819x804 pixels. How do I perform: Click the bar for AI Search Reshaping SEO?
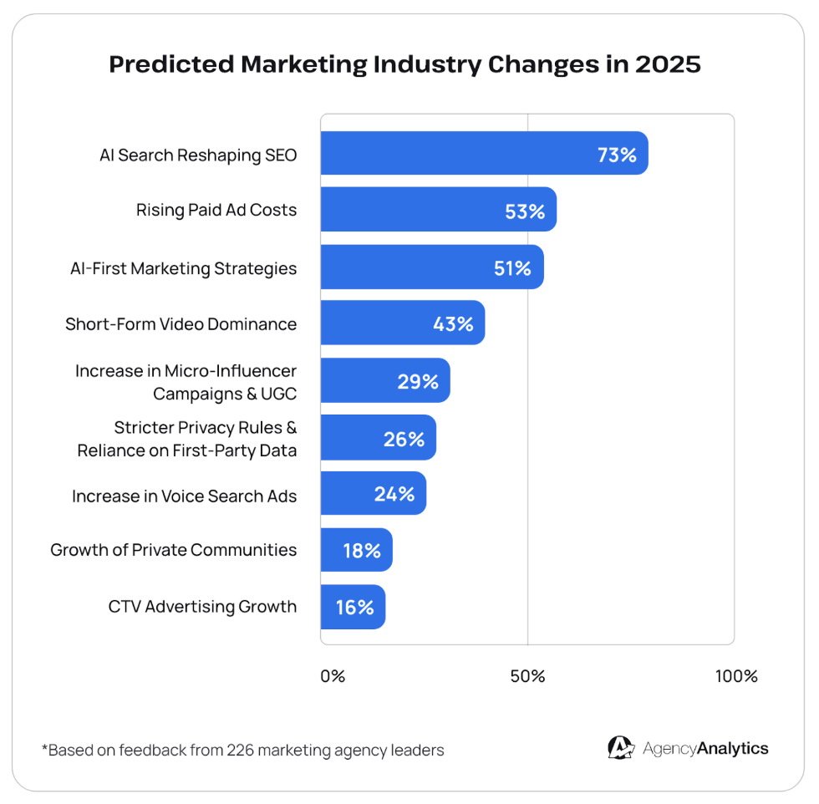pos(484,153)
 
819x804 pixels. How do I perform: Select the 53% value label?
pos(525,211)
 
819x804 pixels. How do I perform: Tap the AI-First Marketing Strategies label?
pos(183,268)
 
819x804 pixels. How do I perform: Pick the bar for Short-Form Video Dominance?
pos(402,323)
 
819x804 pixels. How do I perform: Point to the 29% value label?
pos(418,382)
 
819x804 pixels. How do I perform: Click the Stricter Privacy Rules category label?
pos(187,439)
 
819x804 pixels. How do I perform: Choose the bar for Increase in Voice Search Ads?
pos(373,493)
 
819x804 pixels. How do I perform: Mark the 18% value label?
pos(361,551)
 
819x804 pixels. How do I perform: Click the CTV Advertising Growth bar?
pos(353,607)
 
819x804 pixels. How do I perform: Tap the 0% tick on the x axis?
pos(333,676)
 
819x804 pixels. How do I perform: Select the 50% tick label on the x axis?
pos(527,676)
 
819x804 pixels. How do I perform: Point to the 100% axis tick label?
pos(736,676)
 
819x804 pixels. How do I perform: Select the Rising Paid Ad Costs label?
pos(216,210)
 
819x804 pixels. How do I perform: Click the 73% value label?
pos(617,155)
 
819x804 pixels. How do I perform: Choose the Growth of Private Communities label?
pos(173,549)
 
